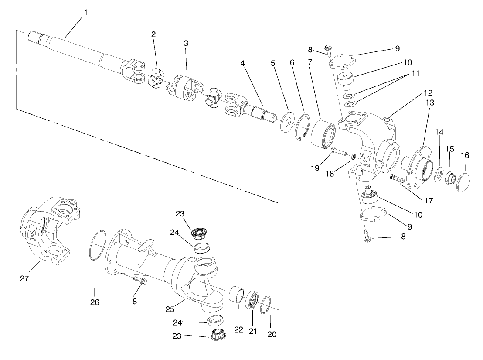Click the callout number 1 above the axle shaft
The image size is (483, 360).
tap(85, 12)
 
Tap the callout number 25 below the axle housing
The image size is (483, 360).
tap(170, 309)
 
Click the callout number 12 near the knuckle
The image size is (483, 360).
tap(428, 93)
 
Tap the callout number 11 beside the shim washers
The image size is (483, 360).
tap(415, 74)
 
